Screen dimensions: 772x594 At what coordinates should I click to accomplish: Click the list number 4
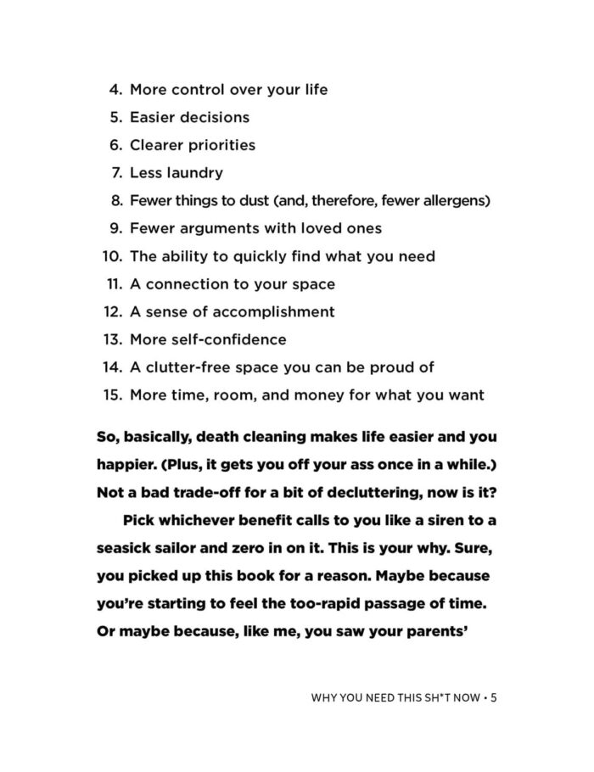click(116, 90)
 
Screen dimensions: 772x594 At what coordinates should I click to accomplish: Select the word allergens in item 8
click(452, 201)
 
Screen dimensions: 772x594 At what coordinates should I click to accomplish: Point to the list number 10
click(112, 256)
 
